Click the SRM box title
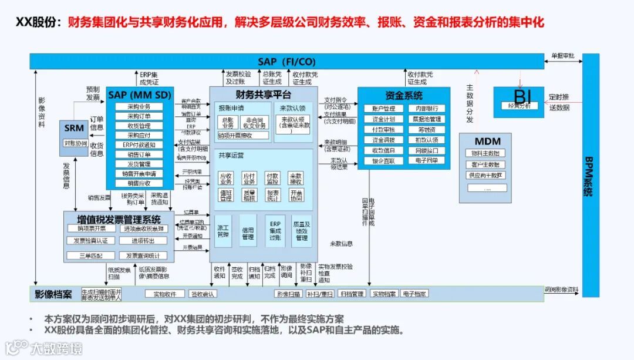pos(75,128)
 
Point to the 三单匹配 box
pos(88,256)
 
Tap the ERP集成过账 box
pos(275,230)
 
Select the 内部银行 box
pos(426,109)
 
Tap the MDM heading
pos(487,142)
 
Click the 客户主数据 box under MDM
pos(485,164)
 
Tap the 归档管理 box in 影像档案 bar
pos(352,293)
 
